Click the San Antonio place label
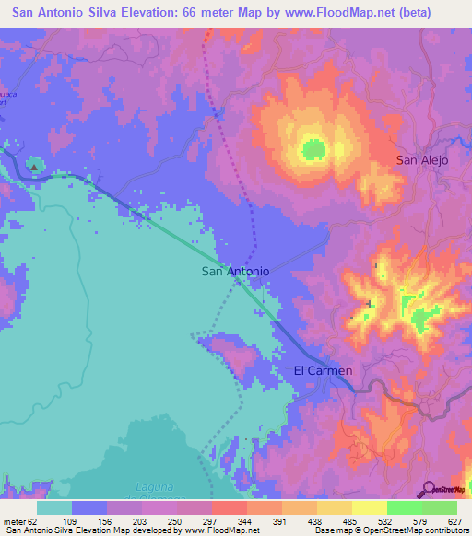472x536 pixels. [x=235, y=272]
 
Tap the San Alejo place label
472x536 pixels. [x=421, y=160]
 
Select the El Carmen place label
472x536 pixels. [x=323, y=370]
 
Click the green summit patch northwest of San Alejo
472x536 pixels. [x=313, y=148]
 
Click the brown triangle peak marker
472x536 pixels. [x=34, y=167]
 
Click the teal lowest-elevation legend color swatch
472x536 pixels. [x=53, y=507]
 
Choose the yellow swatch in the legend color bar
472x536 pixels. [x=369, y=507]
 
